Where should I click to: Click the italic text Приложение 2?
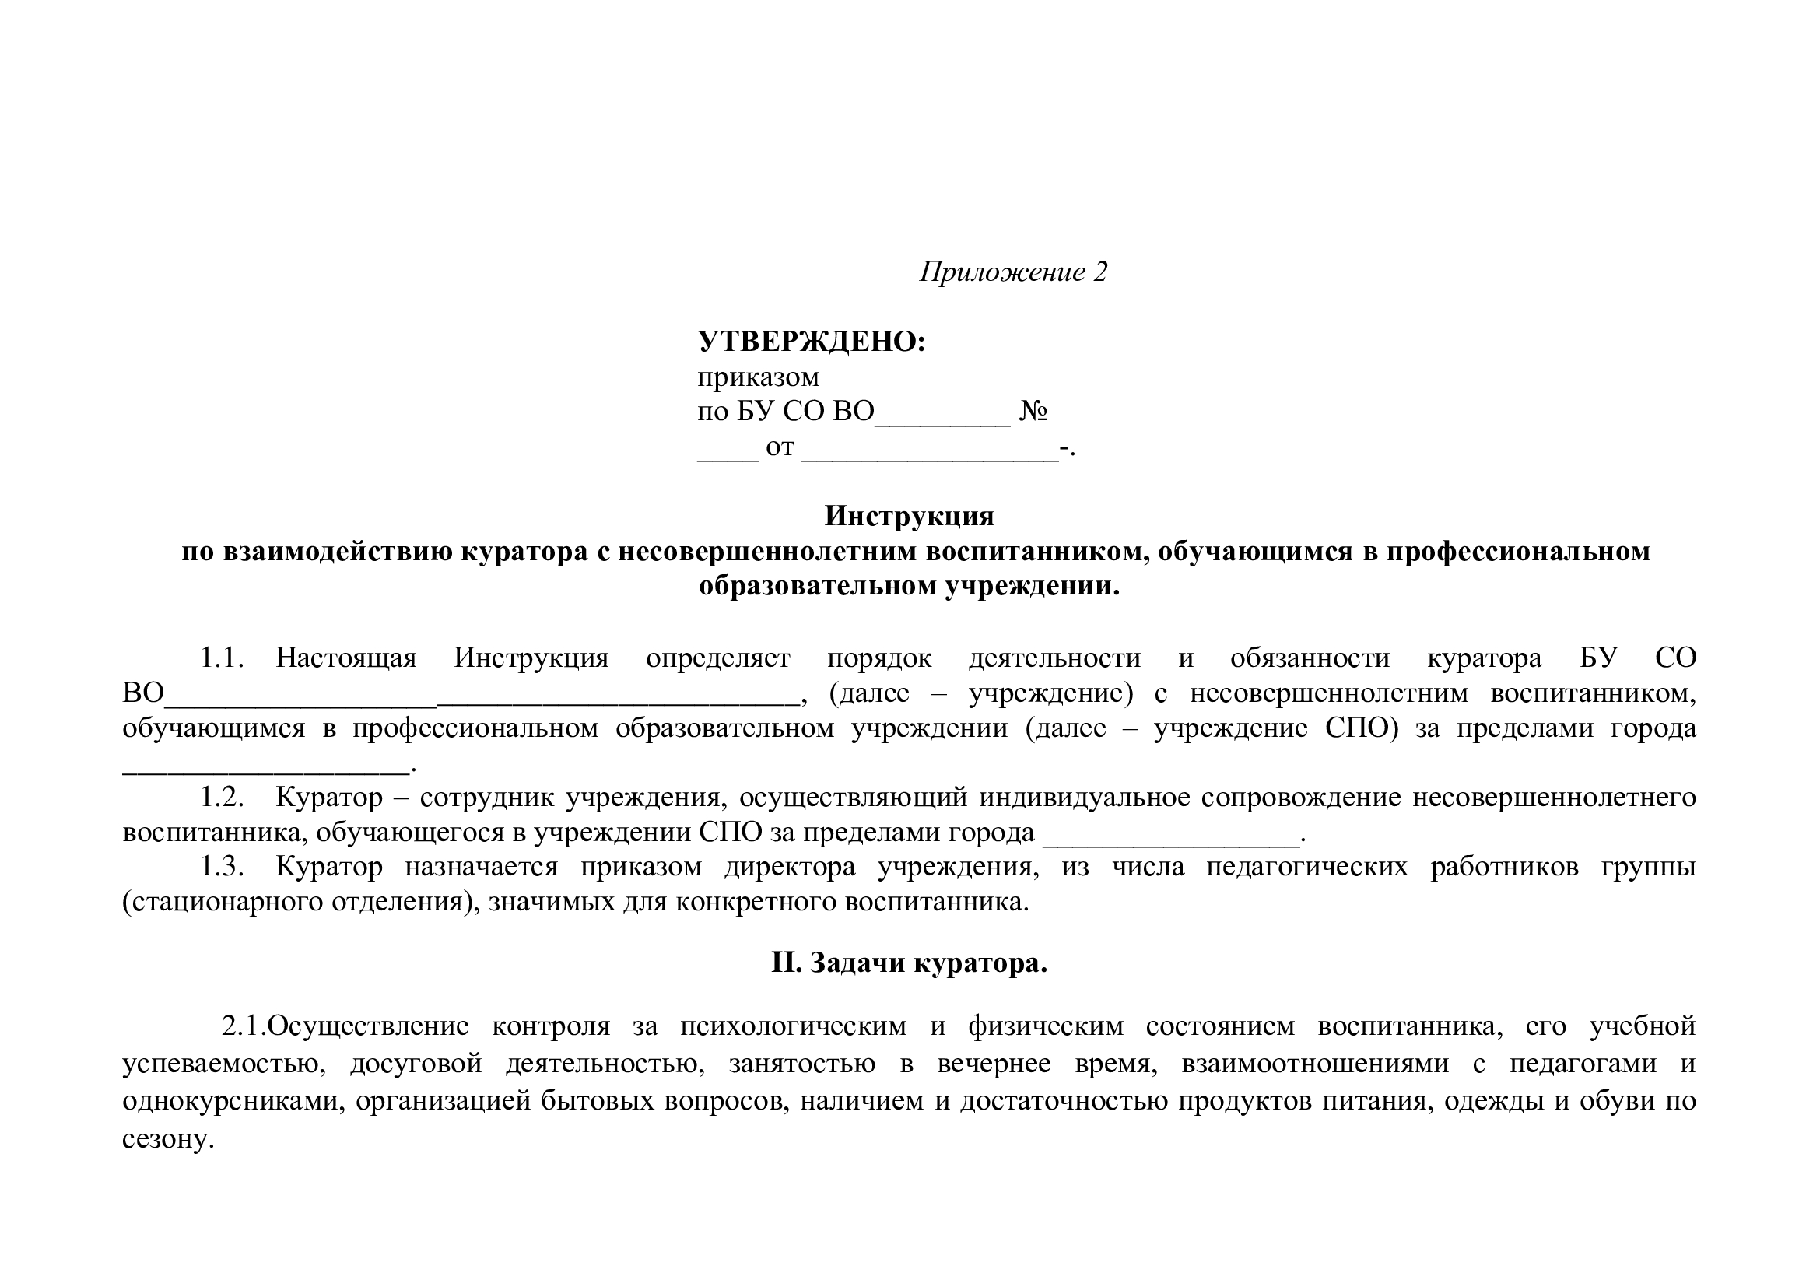coord(1012,272)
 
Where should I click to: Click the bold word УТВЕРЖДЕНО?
coord(811,342)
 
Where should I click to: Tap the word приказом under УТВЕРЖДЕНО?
coord(758,377)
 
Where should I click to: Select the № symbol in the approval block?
coord(1033,412)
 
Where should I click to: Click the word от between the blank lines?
coord(779,447)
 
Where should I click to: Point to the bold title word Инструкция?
coord(908,516)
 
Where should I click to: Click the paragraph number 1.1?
coord(221,658)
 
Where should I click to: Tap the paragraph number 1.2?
coord(221,798)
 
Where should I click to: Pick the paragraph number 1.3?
coord(221,866)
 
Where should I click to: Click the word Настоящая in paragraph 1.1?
coord(345,658)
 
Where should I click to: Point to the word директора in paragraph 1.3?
coord(790,866)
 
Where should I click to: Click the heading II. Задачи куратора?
coord(908,963)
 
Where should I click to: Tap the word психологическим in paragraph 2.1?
coord(793,1026)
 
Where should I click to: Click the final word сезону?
coord(168,1140)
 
